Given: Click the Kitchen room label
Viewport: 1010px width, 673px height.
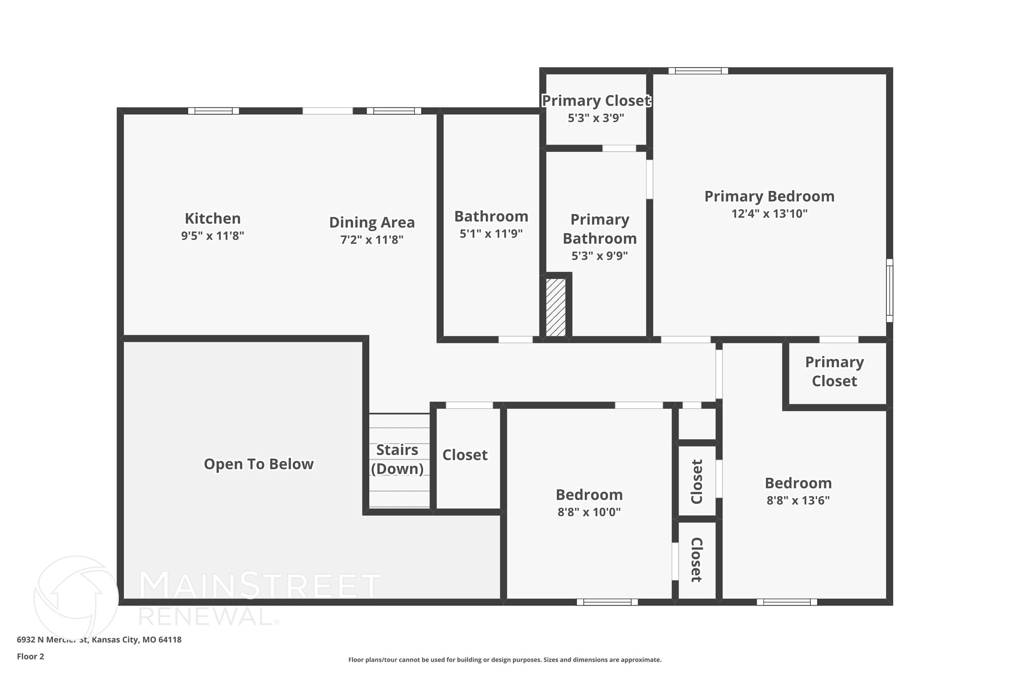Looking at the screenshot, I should [x=213, y=218].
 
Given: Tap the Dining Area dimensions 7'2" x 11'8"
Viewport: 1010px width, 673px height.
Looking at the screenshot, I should [x=371, y=240].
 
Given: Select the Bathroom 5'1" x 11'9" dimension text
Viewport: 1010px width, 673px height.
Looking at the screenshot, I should [x=491, y=234].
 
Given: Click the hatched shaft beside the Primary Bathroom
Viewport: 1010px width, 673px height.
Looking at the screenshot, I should [x=556, y=308].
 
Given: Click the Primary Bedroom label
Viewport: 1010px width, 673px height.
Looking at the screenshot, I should [x=769, y=196].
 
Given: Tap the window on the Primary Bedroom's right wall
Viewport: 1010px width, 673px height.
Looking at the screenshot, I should [x=890, y=290].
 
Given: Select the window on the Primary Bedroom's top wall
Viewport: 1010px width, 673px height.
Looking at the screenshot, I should [x=698, y=71].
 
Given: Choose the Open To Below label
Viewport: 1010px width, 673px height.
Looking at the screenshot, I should [x=258, y=464].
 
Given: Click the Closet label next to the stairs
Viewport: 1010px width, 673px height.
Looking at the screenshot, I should [x=465, y=455].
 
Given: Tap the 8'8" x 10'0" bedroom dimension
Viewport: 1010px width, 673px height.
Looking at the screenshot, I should [x=589, y=512].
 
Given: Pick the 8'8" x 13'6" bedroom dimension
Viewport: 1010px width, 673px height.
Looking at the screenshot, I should [x=797, y=500].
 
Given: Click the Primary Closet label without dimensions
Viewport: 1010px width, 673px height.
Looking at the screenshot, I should [x=834, y=371].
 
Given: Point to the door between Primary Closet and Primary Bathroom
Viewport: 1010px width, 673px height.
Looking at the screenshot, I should [x=619, y=148].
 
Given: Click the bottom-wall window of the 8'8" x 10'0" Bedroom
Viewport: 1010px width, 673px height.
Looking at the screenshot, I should [x=607, y=602].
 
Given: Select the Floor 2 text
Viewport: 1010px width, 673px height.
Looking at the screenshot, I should [x=31, y=656].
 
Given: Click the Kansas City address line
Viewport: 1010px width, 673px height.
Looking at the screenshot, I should [x=99, y=639].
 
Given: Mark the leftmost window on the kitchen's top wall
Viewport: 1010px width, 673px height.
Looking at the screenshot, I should [x=213, y=111].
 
